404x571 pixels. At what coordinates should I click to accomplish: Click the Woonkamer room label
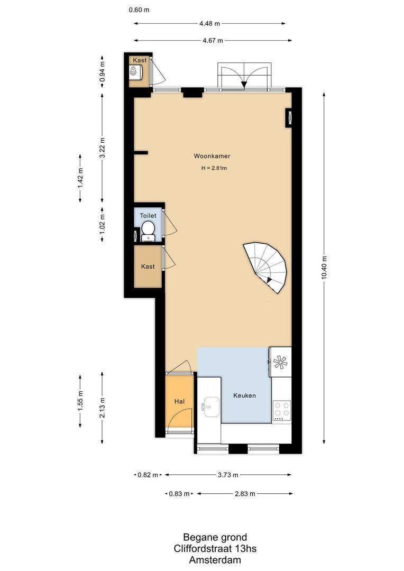[x=212, y=156]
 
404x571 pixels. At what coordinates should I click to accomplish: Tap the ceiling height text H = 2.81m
[x=214, y=169]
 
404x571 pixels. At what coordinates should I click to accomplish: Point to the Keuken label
[x=245, y=395]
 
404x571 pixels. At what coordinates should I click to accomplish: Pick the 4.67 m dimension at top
[x=213, y=40]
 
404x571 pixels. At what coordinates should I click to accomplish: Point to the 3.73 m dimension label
[x=228, y=475]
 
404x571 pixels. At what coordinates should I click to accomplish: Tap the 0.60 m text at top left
[x=138, y=10]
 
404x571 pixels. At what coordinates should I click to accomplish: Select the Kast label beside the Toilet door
[x=148, y=266]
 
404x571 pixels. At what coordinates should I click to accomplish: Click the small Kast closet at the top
[x=139, y=70]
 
